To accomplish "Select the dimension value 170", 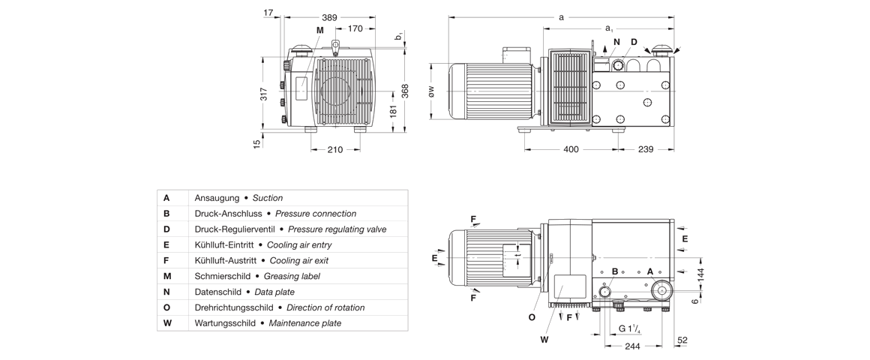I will [x=355, y=28].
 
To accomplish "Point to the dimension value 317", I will [x=264, y=94].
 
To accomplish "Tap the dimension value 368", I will [x=405, y=89].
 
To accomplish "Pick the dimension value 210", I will [x=334, y=150].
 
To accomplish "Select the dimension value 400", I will [x=571, y=150].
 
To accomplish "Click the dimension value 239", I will [x=645, y=150].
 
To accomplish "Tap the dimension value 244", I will [x=633, y=346].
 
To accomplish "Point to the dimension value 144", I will [x=701, y=275].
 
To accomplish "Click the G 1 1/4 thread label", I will [x=630, y=328].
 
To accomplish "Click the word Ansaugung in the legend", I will [x=217, y=198].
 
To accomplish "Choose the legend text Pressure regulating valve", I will [x=337, y=229].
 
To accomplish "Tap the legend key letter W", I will [x=166, y=323].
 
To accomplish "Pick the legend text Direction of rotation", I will [x=325, y=307].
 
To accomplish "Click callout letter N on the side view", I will [x=616, y=42].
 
